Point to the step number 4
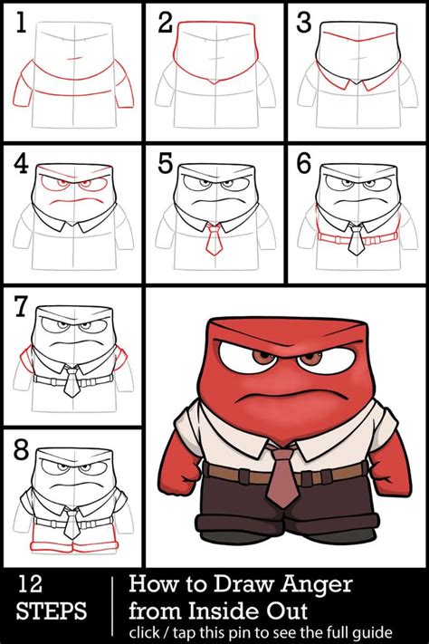click(21, 164)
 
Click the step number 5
click(164, 164)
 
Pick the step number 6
click(304, 164)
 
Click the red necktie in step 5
click(214, 240)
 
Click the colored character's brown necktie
click(281, 476)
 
